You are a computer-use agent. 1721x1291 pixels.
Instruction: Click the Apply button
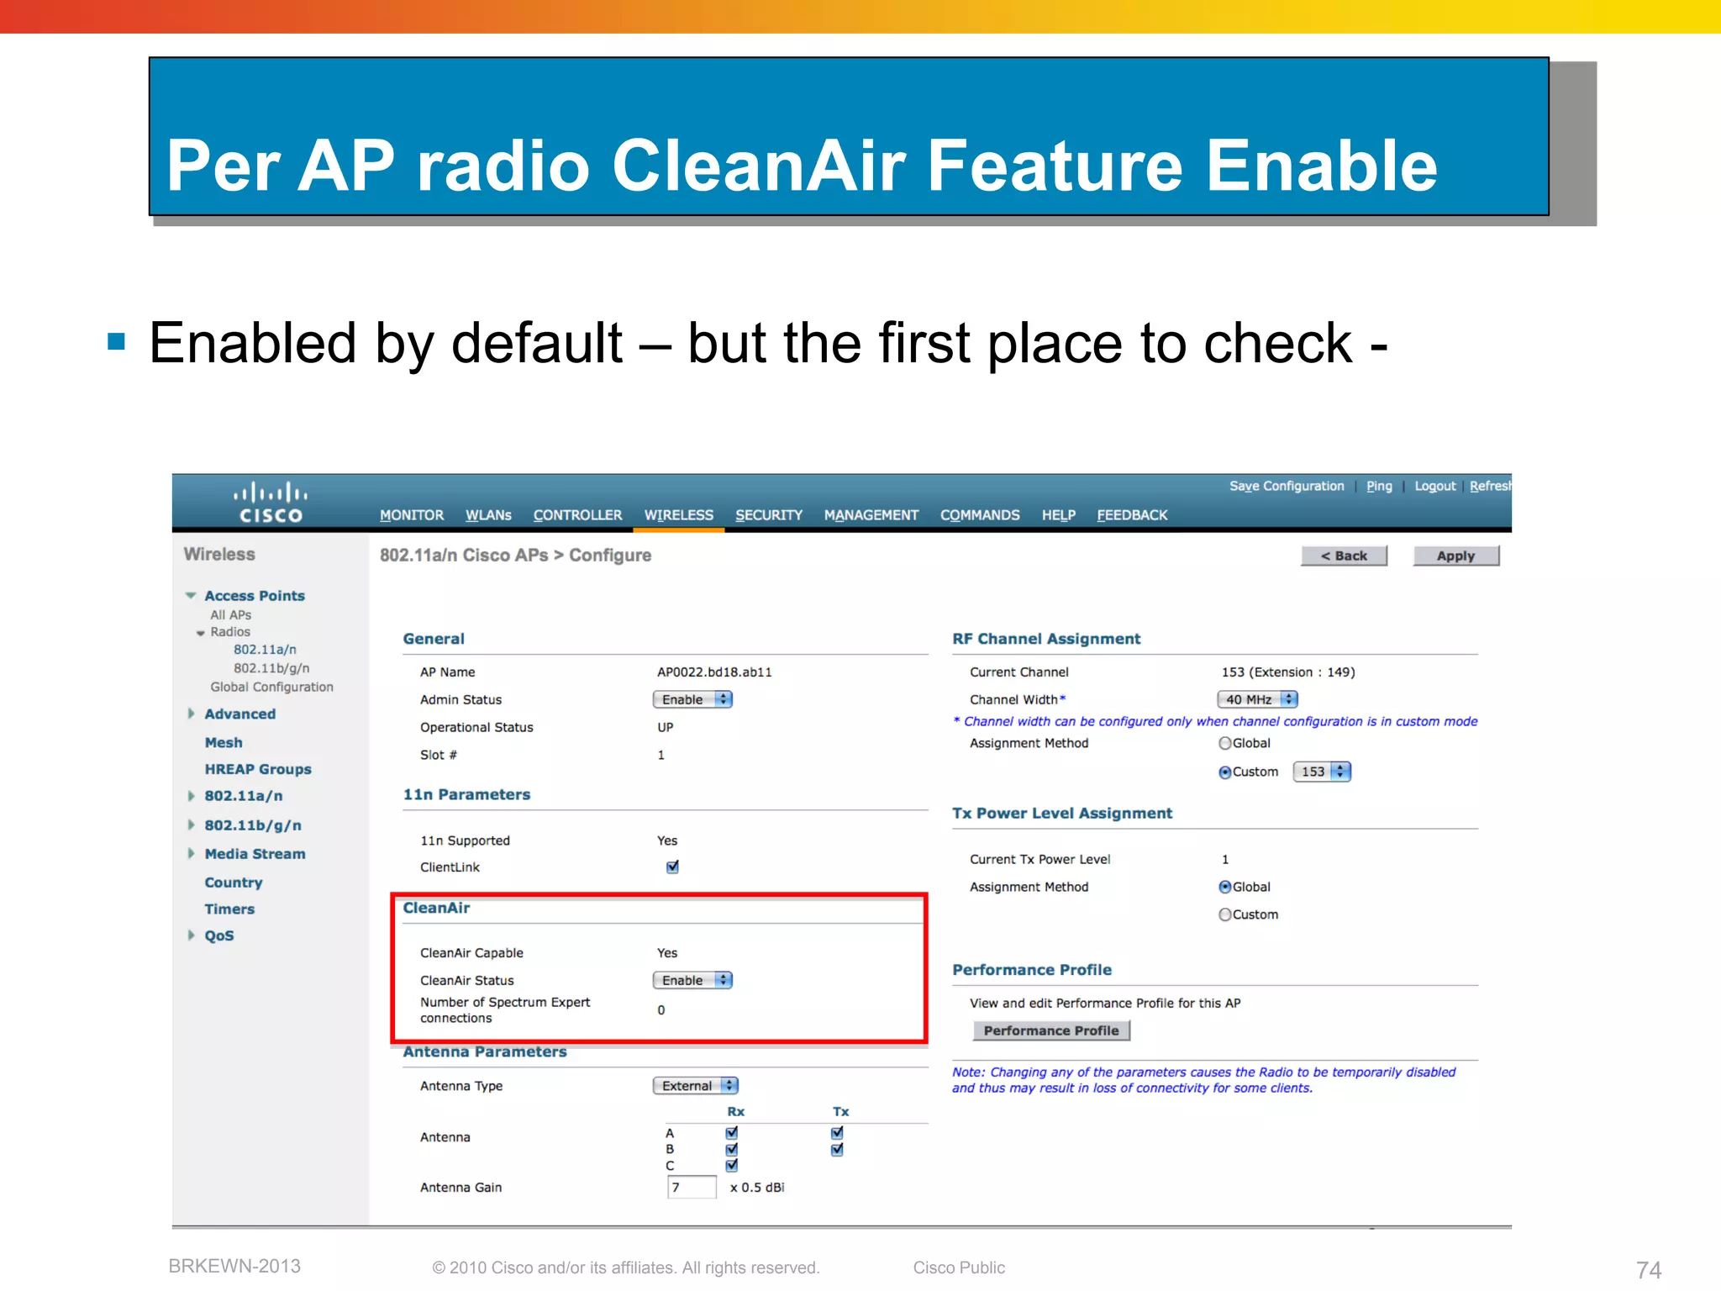pyautogui.click(x=1455, y=556)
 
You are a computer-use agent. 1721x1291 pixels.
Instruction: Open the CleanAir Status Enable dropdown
pyautogui.click(x=692, y=980)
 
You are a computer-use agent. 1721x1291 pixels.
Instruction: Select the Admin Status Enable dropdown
pyautogui.click(x=692, y=699)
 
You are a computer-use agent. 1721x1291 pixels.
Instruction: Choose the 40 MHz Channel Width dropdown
pyautogui.click(x=1257, y=699)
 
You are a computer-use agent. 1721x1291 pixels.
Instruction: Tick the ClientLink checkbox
pyautogui.click(x=672, y=867)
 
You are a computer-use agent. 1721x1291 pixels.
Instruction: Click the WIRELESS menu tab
pyautogui.click(x=678, y=514)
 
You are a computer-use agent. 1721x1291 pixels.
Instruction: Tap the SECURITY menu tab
pyautogui.click(x=768, y=514)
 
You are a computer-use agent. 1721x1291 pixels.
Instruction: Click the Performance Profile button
pyautogui.click(x=1050, y=1030)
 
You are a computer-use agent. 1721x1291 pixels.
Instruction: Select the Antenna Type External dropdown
pyautogui.click(x=695, y=1086)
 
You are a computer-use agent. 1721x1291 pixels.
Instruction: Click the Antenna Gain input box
pyautogui.click(x=691, y=1187)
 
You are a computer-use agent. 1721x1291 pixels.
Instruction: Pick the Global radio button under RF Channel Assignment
pyautogui.click(x=1225, y=743)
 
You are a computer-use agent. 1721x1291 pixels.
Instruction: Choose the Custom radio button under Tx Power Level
pyautogui.click(x=1225, y=914)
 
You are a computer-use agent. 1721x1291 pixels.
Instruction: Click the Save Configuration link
pyautogui.click(x=1286, y=486)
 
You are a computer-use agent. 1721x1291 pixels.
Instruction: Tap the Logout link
pyautogui.click(x=1434, y=486)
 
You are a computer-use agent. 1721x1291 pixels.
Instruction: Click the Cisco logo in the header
pyautogui.click(x=271, y=503)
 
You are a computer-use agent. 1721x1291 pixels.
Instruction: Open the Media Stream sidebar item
pyautogui.click(x=255, y=854)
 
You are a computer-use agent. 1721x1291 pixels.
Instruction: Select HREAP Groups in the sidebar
pyautogui.click(x=257, y=769)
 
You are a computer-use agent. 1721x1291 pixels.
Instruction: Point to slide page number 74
pyautogui.click(x=1648, y=1269)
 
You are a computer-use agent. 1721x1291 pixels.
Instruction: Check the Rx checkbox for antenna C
pyautogui.click(x=731, y=1165)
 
